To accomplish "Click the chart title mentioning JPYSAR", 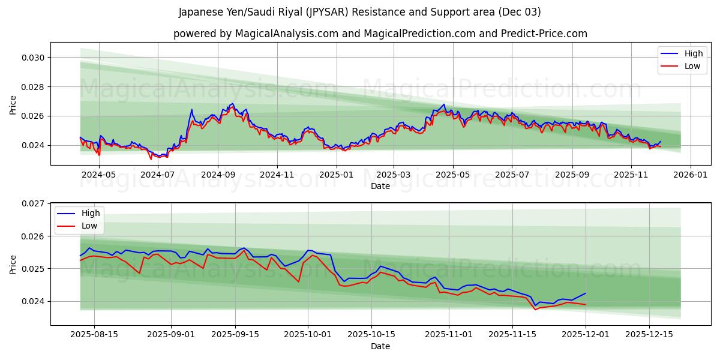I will click(359, 12).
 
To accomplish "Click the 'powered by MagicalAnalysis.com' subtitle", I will click(380, 34).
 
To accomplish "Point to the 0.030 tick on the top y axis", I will click(33, 58).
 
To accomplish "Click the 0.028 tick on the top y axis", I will click(33, 87).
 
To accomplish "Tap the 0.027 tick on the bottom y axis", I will click(33, 204).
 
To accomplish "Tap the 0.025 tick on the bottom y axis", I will click(33, 269).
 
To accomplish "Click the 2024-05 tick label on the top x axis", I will click(98, 175).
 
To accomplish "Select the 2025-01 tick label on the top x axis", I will click(336, 175).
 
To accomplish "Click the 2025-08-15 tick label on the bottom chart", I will click(94, 334).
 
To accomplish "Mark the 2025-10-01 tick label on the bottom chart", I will click(308, 334).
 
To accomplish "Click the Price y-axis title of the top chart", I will click(13, 104).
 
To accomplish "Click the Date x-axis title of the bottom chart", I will click(380, 346).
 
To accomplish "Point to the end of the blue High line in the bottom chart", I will click(585, 293).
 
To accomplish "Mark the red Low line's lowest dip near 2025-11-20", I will click(535, 310).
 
